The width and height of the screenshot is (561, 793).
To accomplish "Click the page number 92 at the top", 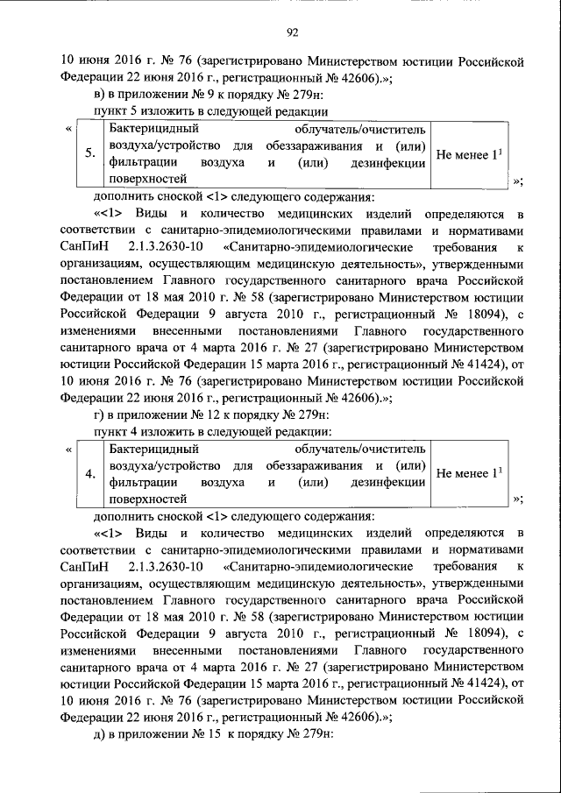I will click(293, 33).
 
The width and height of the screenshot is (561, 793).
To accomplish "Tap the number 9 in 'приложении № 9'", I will click(203, 95).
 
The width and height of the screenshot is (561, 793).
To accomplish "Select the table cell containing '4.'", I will click(90, 474).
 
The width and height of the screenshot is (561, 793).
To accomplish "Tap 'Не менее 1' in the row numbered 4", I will click(469, 474).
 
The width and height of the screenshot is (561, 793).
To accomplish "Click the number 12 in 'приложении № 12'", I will click(207, 414).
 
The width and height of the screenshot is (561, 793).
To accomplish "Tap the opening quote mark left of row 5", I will click(68, 130).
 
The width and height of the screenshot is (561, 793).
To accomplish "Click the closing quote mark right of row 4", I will click(518, 499).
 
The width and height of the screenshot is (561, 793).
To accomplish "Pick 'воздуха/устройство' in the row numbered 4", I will click(165, 465).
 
